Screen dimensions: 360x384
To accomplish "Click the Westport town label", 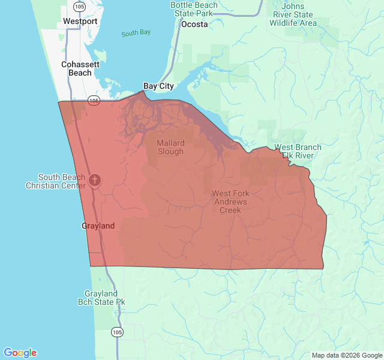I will pyautogui.click(x=80, y=22).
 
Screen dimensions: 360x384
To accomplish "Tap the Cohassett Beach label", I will pyautogui.click(x=80, y=68).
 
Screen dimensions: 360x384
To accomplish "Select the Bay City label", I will pyautogui.click(x=158, y=86).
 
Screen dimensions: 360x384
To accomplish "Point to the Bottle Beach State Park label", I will pyautogui.click(x=194, y=8).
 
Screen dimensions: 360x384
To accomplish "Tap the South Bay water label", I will pyautogui.click(x=136, y=33).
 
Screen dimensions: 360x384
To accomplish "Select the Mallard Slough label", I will pyautogui.click(x=171, y=147).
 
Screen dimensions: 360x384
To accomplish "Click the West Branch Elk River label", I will pyautogui.click(x=298, y=151).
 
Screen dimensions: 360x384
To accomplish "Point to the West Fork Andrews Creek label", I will pyautogui.click(x=230, y=202).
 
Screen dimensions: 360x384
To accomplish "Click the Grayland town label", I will pyautogui.click(x=98, y=226).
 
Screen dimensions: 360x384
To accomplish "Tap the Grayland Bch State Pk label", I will pyautogui.click(x=104, y=298).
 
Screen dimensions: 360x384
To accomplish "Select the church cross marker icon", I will pyautogui.click(x=94, y=180).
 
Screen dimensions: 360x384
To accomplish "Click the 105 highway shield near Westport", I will pyautogui.click(x=79, y=7).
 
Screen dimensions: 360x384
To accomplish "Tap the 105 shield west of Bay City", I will pyautogui.click(x=94, y=101).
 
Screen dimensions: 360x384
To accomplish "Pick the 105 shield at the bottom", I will pyautogui.click(x=118, y=332).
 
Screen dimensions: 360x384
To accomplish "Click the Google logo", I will pyautogui.click(x=20, y=353).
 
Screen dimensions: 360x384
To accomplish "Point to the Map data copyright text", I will pyautogui.click(x=347, y=355).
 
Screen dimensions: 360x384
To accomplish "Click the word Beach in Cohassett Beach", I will pyautogui.click(x=80, y=73).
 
